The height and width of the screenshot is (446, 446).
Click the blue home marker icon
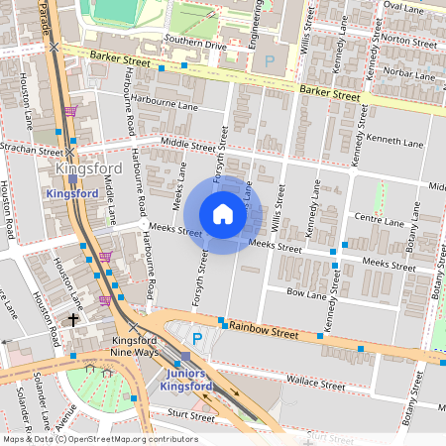[x=223, y=214]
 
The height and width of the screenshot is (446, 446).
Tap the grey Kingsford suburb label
[x=89, y=169]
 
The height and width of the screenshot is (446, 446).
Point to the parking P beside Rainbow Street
[x=196, y=339]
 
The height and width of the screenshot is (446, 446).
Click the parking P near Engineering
[x=270, y=61]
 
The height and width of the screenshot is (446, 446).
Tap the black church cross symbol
[x=71, y=320]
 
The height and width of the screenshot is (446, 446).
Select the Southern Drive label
[x=196, y=45]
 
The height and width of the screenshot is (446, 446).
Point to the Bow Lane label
[x=306, y=294]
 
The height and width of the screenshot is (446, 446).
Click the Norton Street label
[x=409, y=40]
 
